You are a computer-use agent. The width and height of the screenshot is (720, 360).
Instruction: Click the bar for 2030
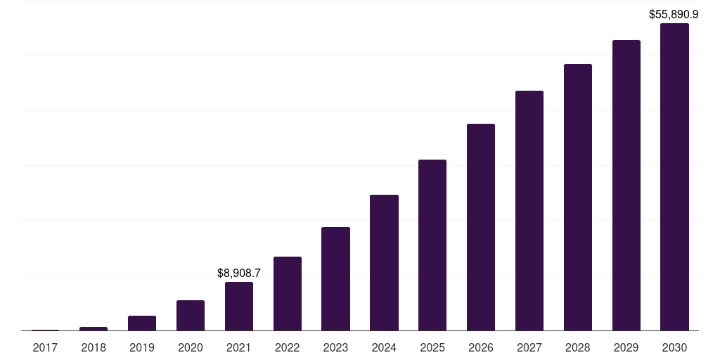tap(674, 176)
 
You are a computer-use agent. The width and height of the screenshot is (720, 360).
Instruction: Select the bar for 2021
tap(239, 307)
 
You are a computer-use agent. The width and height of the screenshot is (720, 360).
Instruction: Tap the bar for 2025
tap(432, 245)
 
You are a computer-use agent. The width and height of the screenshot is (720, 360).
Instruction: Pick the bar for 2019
tap(142, 323)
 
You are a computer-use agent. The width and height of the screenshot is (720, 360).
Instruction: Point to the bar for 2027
tap(529, 211)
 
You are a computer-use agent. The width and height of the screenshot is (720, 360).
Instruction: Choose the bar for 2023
tap(335, 278)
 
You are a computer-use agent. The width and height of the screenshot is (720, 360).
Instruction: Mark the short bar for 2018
tap(94, 329)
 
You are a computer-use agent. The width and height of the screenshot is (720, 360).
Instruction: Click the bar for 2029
tap(626, 186)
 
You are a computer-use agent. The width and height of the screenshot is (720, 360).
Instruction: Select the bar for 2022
tap(288, 293)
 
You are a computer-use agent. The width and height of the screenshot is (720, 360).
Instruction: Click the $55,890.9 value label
tap(674, 15)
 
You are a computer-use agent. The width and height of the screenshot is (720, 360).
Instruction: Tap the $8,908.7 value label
tap(239, 274)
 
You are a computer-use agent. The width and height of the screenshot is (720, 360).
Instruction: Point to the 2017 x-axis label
tap(45, 347)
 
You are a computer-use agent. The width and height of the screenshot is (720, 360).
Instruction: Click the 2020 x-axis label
tap(191, 347)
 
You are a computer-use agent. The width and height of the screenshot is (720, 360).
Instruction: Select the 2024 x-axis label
tap(384, 347)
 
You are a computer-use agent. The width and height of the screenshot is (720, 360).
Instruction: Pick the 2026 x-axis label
tap(481, 347)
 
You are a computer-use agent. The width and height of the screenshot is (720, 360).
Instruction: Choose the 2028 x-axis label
tap(578, 347)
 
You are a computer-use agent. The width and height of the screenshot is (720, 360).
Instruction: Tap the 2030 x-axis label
tap(674, 347)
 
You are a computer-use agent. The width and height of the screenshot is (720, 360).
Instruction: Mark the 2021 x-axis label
tap(239, 347)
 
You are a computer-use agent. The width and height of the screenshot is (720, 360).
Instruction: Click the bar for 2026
tap(481, 227)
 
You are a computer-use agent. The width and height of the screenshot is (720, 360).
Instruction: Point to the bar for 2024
tap(384, 263)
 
